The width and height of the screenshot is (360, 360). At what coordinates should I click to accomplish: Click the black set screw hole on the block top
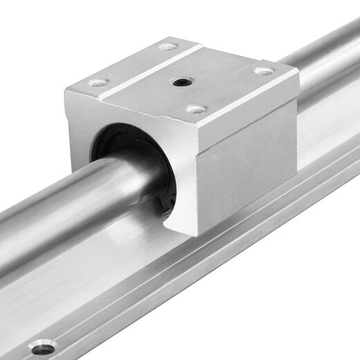point(182,82)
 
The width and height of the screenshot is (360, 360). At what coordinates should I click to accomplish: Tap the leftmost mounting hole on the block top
point(98,82)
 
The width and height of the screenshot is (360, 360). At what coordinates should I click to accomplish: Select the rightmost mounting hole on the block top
point(263,71)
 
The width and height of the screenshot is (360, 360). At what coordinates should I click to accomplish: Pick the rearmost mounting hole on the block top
point(167,46)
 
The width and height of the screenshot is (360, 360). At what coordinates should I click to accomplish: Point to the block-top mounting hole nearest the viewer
point(197,109)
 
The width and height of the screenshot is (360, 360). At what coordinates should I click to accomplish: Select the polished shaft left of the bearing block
point(62,208)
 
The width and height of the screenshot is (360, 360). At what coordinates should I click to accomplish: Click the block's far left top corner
point(67,89)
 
